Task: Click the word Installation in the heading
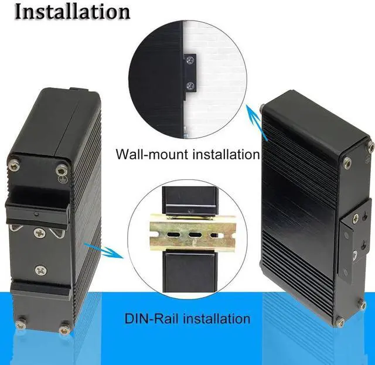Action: (x=72, y=11)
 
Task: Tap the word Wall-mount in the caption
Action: (x=149, y=155)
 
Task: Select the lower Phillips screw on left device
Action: (x=40, y=270)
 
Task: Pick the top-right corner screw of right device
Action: (x=370, y=146)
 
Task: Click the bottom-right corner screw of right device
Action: (x=362, y=305)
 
